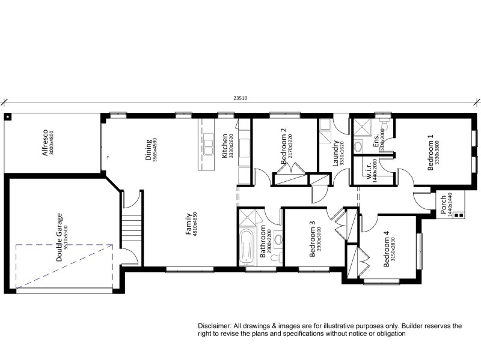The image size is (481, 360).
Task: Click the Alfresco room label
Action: click(44, 143)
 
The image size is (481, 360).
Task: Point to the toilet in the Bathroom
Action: click(275, 257)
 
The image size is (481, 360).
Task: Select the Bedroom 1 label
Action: click(430, 152)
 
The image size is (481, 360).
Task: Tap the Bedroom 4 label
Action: click(386, 249)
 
